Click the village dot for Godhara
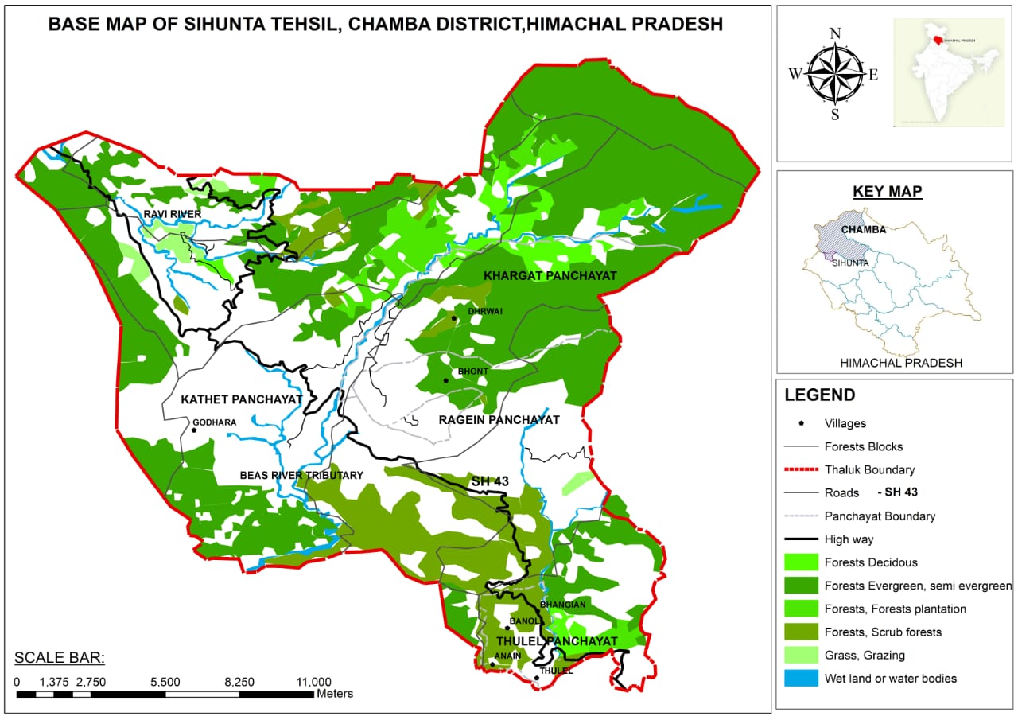coord(194,430)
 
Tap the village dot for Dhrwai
coord(454,318)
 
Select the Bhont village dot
coord(446,380)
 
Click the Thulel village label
coord(556,671)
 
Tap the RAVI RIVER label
coord(173,214)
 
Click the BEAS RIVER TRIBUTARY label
coord(301,475)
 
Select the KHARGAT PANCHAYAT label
coord(550,275)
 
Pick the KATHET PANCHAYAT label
coord(241,399)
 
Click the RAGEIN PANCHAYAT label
coord(500,419)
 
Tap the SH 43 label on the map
coord(490,481)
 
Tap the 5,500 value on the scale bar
coord(165,682)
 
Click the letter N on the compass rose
coord(835,33)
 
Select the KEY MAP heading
coord(887,192)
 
